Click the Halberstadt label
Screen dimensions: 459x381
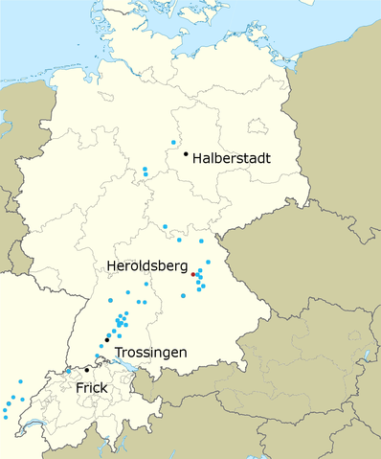coord(232,157)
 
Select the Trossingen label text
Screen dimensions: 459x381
coord(150,353)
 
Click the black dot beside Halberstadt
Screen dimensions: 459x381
coord(186,152)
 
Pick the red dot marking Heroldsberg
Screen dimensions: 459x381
coord(193,275)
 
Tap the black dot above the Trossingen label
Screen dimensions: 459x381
coord(107,337)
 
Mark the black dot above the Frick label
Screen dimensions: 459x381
coord(86,370)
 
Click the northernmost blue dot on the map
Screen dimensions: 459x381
coord(173,142)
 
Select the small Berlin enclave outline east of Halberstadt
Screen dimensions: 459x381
coord(256,126)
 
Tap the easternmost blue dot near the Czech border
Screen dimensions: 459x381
coord(208,262)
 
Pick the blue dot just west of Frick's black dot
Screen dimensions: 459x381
coord(69,372)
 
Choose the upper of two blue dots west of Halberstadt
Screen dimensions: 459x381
coord(146,170)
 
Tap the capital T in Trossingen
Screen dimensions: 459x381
coord(119,353)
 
